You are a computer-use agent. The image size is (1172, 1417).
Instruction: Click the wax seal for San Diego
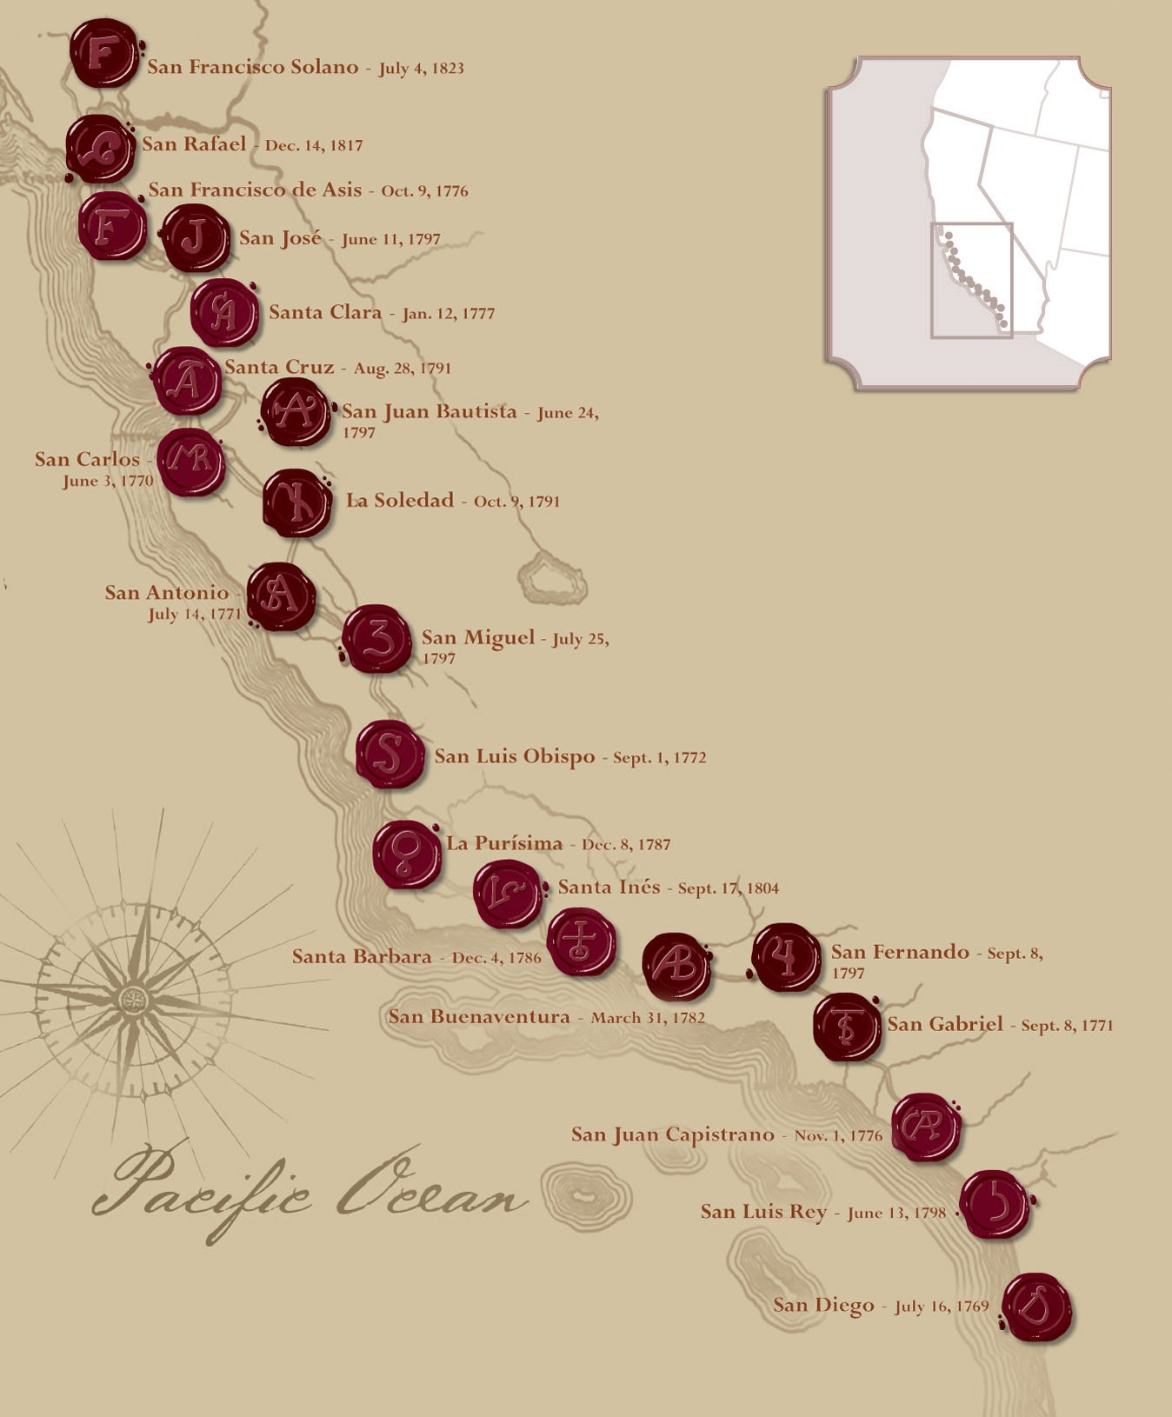1036,1307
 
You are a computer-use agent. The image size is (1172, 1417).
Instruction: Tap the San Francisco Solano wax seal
103,54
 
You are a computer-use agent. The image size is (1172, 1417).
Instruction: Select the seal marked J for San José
196,237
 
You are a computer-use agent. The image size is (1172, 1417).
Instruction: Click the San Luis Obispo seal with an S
390,754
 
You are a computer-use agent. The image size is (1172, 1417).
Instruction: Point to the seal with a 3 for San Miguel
376,639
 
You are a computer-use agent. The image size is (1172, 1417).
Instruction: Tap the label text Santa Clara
325,312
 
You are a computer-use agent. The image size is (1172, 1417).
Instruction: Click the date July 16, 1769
942,1306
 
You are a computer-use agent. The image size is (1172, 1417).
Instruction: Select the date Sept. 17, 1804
729,888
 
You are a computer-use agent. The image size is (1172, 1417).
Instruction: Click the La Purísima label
504,842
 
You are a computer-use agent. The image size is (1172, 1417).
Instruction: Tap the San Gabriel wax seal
848,1027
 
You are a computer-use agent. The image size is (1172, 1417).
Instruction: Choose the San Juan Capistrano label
672,1134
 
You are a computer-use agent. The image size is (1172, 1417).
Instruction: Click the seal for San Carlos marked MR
191,462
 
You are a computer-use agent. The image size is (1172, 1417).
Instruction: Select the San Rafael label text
194,144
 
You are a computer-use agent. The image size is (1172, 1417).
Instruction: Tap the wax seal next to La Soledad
296,502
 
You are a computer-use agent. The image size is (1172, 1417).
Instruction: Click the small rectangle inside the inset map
971,280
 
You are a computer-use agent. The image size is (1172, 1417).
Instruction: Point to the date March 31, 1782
648,1017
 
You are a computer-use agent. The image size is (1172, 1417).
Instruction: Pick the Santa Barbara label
362,956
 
